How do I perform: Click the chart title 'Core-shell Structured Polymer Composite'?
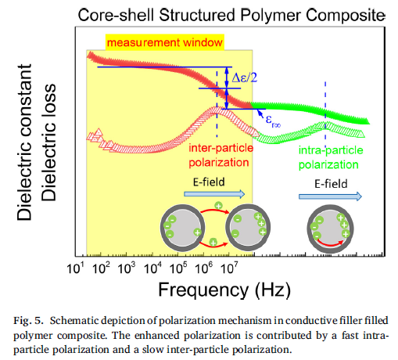[231, 16]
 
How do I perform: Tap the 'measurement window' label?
[165, 42]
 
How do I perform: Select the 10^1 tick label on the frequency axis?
[76, 268]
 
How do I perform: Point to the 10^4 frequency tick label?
[152, 268]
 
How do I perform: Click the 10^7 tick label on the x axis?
[229, 268]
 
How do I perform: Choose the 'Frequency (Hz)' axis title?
[224, 290]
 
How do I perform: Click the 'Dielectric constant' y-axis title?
[24, 142]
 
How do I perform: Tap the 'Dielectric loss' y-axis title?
[48, 142]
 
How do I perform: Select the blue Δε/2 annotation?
[245, 77]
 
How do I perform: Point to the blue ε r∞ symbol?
[273, 121]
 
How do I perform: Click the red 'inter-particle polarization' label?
[221, 155]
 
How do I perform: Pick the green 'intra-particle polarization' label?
[331, 157]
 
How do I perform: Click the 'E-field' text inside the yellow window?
[209, 182]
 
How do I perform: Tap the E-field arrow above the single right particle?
[330, 196]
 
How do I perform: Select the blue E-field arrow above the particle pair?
[214, 194]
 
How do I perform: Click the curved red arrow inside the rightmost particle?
[330, 244]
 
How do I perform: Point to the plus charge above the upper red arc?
[218, 206]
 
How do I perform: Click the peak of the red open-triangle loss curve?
[217, 110]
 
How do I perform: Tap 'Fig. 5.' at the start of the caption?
[28, 321]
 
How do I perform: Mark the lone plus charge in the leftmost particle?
[197, 232]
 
